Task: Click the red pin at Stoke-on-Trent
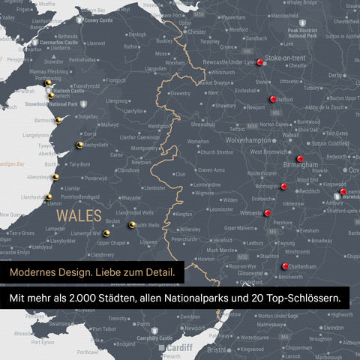259,63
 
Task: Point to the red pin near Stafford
273,98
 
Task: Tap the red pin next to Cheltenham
284,265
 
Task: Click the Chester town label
196,32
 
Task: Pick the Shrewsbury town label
203,125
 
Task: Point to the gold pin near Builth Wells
131,224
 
